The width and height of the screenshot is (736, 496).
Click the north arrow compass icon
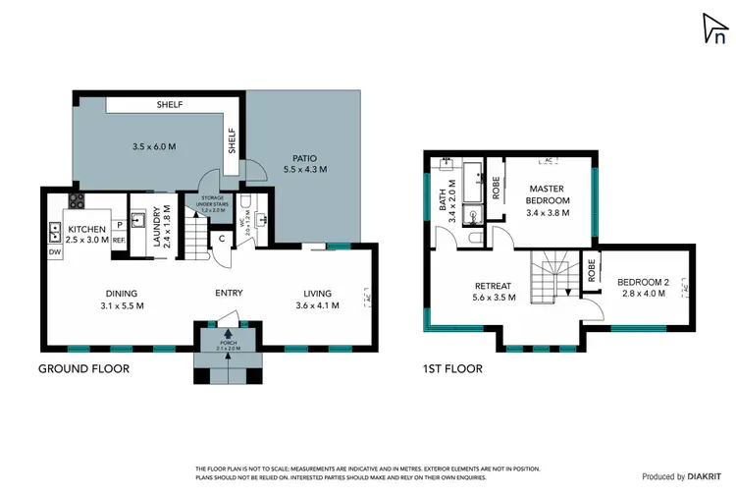click(714, 30)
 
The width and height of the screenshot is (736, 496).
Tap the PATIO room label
click(304, 157)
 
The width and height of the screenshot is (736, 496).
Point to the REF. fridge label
click(119, 240)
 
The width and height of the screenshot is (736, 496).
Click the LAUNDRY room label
click(144, 225)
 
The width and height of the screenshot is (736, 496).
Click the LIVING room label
click(318, 293)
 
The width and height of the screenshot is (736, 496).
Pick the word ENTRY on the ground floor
click(229, 293)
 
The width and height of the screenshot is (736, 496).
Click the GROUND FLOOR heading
click(83, 369)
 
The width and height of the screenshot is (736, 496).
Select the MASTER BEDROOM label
click(548, 193)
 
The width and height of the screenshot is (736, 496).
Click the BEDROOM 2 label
click(643, 283)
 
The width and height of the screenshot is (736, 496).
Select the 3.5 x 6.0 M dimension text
click(153, 147)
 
